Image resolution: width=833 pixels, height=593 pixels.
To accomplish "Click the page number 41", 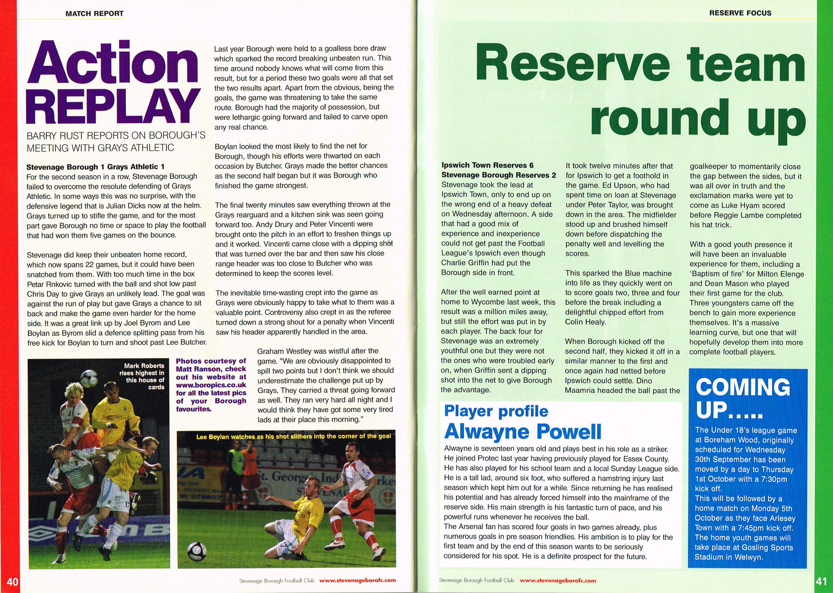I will coord(822,581).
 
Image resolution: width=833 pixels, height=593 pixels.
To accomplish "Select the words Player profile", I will coord(496,411).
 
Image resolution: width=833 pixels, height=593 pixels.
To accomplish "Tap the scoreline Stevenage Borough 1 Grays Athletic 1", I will coord(95,167).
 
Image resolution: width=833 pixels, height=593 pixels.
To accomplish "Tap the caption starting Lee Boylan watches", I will coord(293,436).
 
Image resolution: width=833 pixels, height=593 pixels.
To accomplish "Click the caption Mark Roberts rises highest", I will coord(142,376).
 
